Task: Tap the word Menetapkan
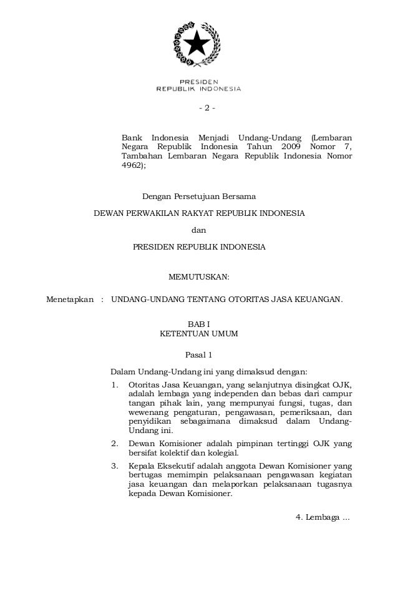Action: click(x=70, y=300)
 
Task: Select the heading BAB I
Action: click(x=199, y=324)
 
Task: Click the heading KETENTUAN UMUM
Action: click(x=199, y=334)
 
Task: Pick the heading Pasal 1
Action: click(x=199, y=356)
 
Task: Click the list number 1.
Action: click(x=114, y=384)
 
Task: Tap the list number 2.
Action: click(x=114, y=444)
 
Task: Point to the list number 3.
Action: click(x=114, y=467)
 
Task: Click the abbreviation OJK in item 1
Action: click(x=341, y=384)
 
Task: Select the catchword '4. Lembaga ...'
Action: click(x=322, y=517)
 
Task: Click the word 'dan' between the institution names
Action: click(x=199, y=230)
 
